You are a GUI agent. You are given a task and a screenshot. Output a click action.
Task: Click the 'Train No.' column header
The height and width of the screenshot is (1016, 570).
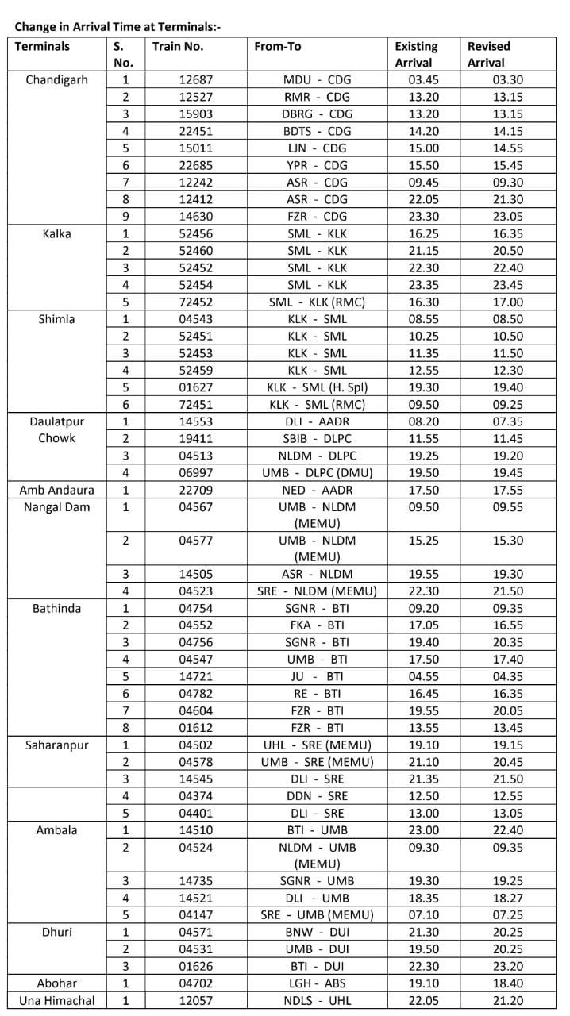178,47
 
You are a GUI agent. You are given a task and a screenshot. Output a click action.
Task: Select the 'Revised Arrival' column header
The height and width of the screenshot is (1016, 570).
489,54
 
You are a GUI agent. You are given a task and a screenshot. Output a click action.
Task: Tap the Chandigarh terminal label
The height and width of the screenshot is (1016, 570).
56,80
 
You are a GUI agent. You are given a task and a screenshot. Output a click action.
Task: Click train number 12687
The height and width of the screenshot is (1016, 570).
194,80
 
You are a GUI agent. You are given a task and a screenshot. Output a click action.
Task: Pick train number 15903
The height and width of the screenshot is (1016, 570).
194,114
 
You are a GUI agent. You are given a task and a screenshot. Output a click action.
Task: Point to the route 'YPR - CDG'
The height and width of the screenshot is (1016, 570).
317,165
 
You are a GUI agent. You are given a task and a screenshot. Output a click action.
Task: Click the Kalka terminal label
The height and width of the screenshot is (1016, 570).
56,234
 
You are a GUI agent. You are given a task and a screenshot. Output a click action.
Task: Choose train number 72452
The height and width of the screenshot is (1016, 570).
194,302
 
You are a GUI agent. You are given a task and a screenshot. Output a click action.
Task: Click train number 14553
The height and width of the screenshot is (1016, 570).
194,422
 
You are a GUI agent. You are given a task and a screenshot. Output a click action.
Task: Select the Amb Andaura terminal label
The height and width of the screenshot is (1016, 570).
56,491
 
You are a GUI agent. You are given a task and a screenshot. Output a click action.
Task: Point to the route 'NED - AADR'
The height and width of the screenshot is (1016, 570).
317,491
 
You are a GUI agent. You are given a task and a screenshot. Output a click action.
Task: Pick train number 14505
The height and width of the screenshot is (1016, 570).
194,574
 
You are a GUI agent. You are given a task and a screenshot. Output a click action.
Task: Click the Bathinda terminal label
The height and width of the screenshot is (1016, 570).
56,609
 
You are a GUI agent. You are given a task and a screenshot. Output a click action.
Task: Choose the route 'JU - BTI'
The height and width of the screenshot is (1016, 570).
317,677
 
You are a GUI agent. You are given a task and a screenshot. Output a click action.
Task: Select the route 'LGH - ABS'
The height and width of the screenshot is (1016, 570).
317,983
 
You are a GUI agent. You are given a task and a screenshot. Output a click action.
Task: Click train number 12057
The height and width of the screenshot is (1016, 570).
194,1001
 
